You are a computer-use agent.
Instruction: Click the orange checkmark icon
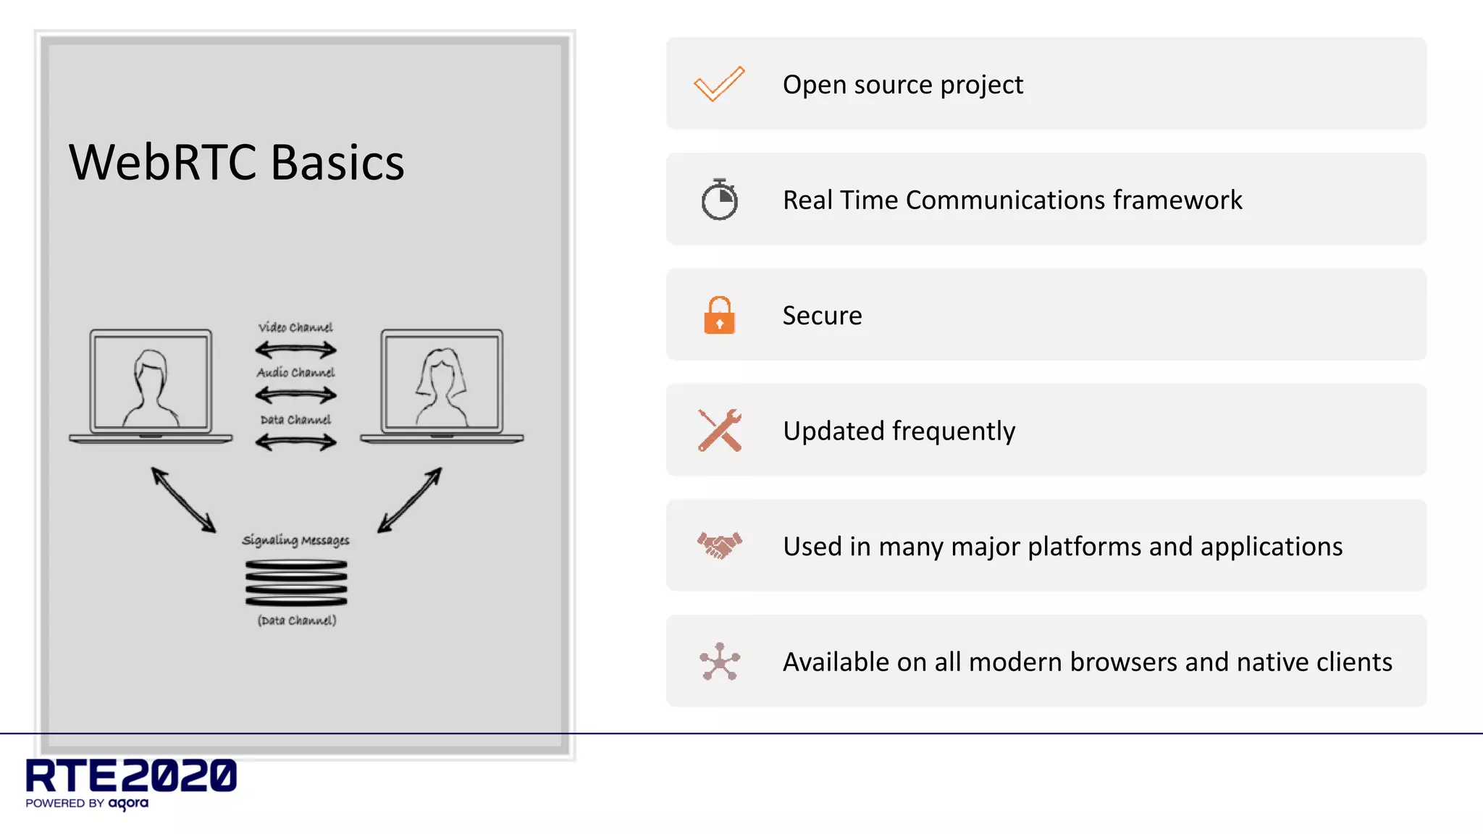(x=718, y=84)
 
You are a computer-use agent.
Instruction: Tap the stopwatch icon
(x=719, y=200)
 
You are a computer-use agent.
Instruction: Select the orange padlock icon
(x=719, y=316)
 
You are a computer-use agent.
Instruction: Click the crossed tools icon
(x=719, y=430)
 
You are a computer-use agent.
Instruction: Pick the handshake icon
(x=719, y=545)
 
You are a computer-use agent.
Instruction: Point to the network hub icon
(x=719, y=661)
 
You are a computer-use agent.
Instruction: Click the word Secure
(x=822, y=316)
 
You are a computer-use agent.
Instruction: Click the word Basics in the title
(x=337, y=162)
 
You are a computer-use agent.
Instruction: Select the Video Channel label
(x=295, y=327)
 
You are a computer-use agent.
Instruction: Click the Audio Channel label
(x=295, y=372)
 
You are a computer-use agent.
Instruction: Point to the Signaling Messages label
(x=295, y=540)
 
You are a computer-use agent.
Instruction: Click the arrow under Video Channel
(x=295, y=350)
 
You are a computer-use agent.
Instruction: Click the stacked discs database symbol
(x=296, y=583)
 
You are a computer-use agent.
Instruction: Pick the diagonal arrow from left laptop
(x=183, y=500)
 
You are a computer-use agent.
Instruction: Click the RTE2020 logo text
(x=131, y=775)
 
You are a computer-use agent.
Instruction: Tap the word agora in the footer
(x=128, y=804)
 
